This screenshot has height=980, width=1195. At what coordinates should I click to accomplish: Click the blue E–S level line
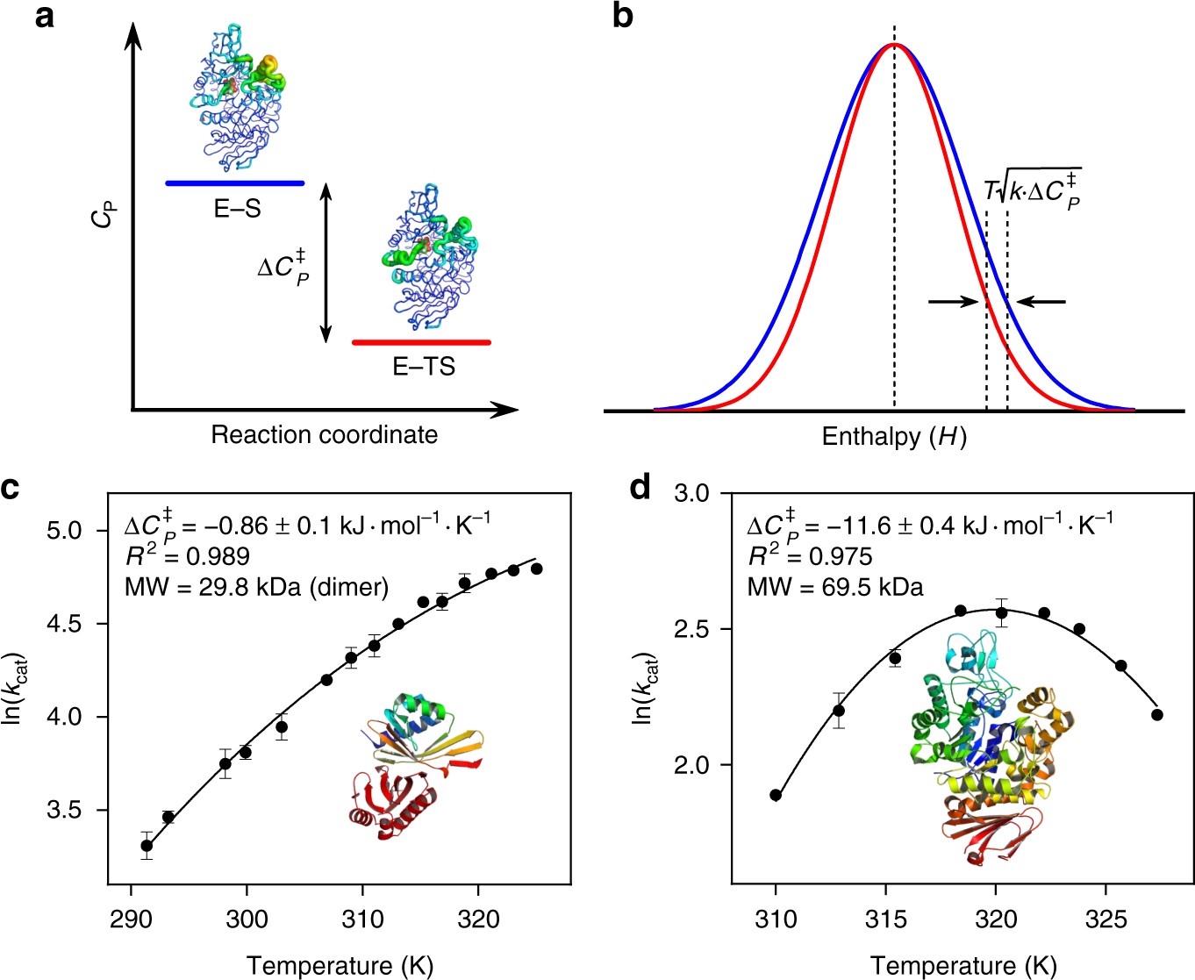click(235, 183)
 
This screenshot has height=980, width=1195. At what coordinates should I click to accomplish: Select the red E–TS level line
click(421, 342)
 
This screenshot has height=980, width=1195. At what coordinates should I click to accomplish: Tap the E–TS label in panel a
click(424, 367)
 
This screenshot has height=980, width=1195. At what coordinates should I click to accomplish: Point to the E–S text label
click(238, 209)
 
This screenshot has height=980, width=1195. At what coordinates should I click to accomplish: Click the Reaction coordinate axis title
click(324, 435)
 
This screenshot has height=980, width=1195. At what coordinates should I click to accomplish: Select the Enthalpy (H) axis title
click(894, 436)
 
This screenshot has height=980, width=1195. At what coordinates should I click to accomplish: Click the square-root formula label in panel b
click(1033, 190)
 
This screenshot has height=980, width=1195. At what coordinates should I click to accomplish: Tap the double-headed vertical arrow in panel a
click(326, 263)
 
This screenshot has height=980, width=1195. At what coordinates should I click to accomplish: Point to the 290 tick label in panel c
click(131, 919)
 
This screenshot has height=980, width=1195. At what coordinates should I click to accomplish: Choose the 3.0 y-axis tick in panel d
click(691, 493)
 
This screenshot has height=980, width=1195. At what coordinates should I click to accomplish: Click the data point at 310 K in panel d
click(776, 795)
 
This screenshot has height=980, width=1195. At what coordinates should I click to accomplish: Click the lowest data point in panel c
click(147, 846)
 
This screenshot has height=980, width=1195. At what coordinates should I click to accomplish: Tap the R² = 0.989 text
click(187, 556)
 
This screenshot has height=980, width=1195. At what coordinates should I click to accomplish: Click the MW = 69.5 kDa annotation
click(835, 587)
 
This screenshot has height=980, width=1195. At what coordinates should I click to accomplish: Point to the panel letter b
click(623, 18)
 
